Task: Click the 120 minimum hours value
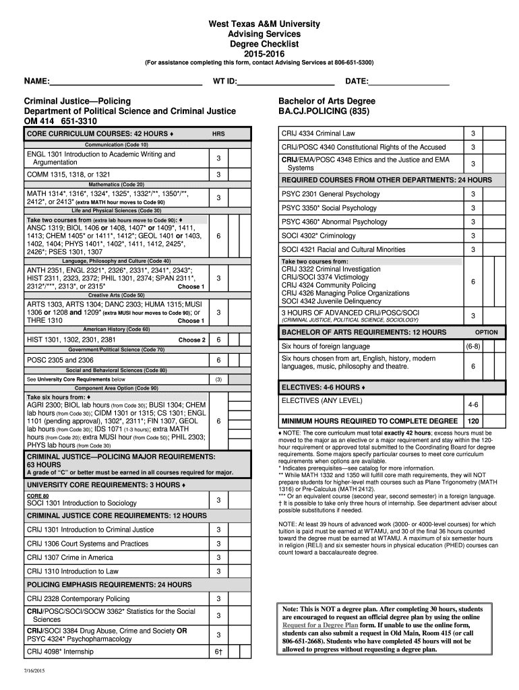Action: tap(473, 421)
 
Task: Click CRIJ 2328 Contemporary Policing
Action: tap(78, 598)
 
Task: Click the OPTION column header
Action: tap(486, 332)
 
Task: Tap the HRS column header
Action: tap(218, 133)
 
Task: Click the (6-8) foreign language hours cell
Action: tap(472, 346)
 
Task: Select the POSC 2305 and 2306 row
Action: tap(60, 360)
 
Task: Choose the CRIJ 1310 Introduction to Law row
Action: tap(72, 571)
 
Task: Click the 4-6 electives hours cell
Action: tap(472, 405)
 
